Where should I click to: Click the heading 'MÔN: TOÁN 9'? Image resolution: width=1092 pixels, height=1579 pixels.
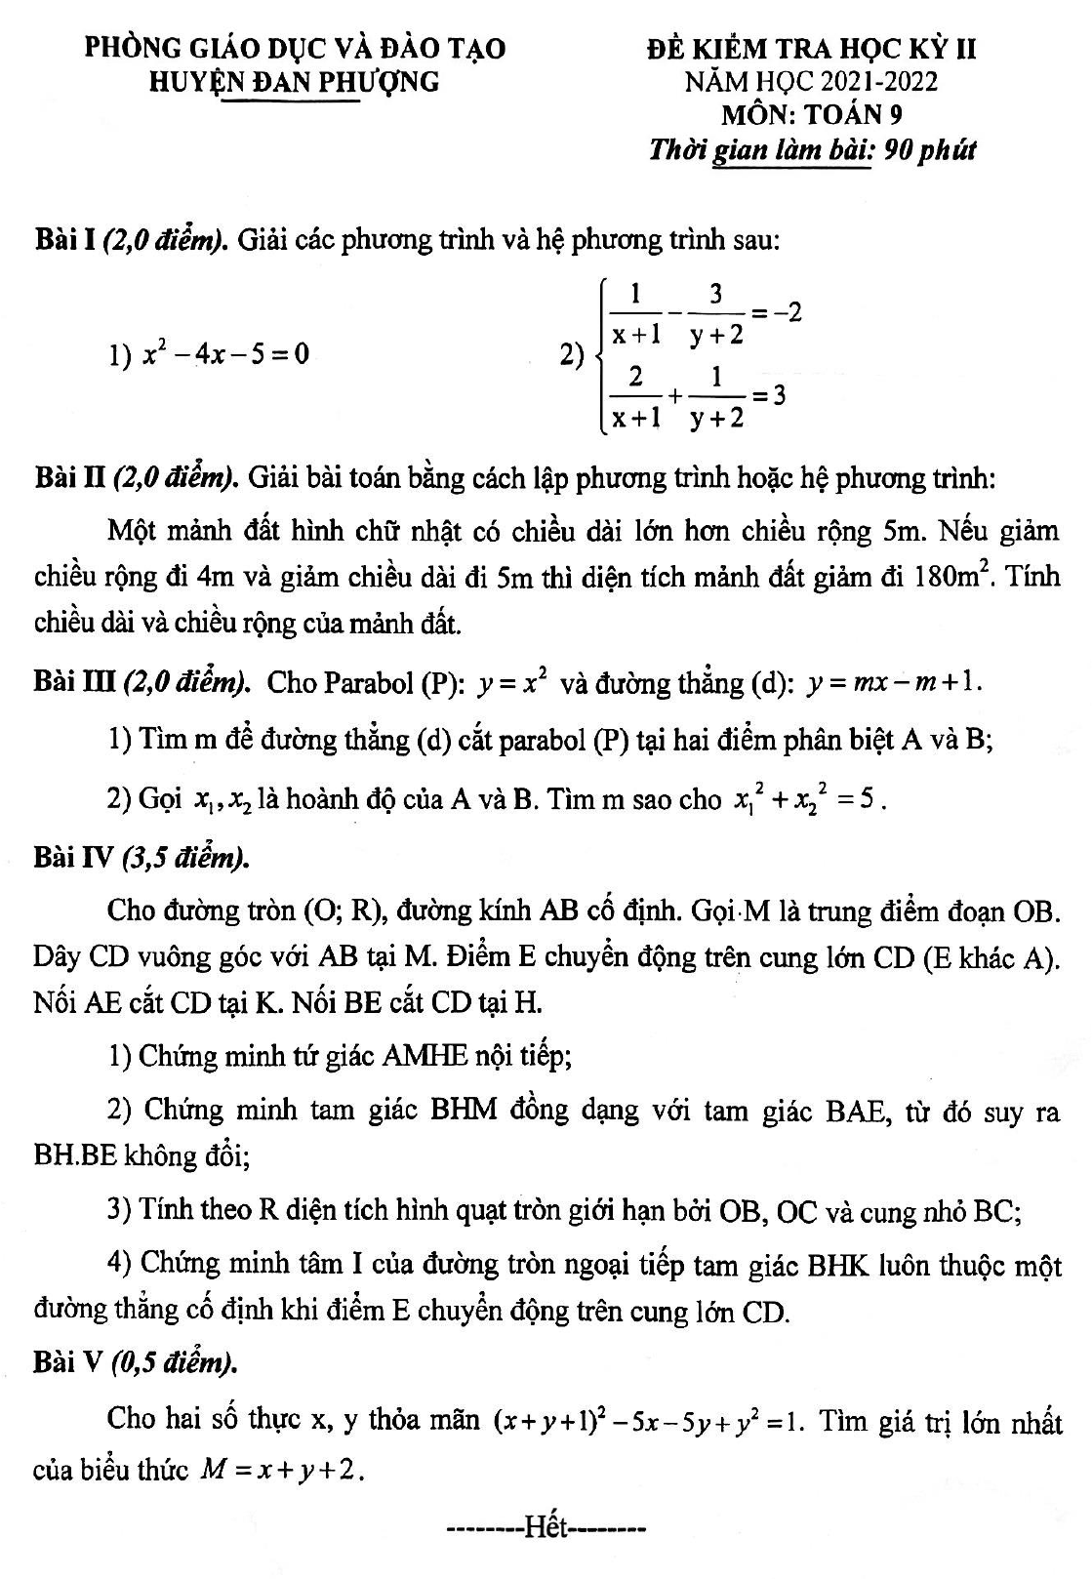(811, 115)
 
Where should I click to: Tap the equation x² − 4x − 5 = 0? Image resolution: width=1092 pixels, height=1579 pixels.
(225, 353)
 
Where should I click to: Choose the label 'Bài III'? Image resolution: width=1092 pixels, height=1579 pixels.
(73, 682)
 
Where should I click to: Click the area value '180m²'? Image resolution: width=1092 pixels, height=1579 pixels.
(952, 577)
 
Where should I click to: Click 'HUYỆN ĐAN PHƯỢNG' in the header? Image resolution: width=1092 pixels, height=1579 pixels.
(293, 82)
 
